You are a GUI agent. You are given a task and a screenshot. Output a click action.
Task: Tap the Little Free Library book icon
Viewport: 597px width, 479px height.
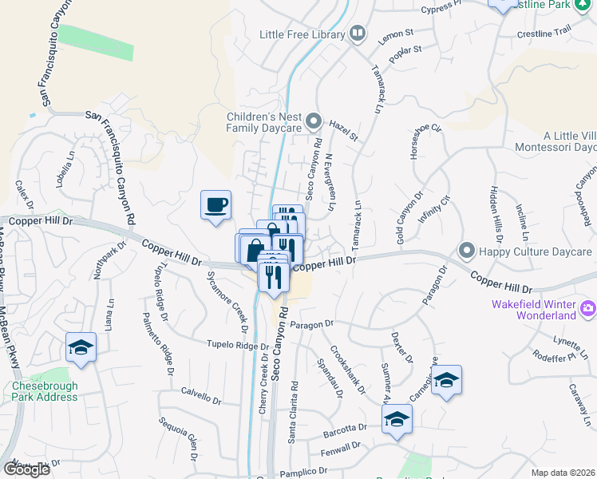(358, 34)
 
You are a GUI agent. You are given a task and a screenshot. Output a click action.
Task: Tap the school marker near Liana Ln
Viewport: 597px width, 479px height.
(81, 347)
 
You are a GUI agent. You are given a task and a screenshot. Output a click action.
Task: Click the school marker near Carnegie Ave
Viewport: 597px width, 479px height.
(447, 379)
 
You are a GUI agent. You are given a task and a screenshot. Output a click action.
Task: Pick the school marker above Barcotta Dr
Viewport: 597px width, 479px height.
(397, 419)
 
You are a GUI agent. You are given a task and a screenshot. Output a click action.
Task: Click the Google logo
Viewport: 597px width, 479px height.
(27, 469)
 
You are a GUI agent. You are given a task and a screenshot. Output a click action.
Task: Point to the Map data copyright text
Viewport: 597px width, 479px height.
(563, 473)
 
